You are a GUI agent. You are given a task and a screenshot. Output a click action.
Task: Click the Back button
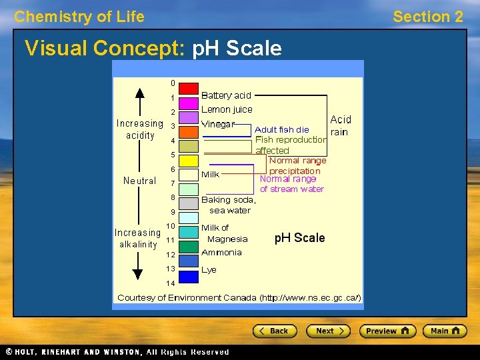274,331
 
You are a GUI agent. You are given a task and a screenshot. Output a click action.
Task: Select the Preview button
387,331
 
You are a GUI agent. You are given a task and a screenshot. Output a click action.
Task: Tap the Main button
445,331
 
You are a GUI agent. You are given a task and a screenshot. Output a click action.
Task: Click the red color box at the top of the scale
189,88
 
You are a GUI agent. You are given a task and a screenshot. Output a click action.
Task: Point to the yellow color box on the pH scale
189,161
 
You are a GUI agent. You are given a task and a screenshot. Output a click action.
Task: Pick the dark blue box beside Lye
189,276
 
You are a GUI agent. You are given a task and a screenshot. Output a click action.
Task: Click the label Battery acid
226,95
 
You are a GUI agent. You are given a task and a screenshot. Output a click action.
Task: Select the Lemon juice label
227,109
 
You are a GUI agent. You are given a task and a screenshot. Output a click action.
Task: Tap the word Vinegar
218,124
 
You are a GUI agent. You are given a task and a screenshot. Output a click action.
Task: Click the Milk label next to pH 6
211,174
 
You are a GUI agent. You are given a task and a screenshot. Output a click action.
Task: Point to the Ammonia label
221,252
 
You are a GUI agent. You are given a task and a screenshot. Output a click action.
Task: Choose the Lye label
209,270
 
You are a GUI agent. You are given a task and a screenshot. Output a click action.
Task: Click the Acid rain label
341,125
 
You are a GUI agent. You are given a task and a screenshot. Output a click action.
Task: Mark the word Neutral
139,181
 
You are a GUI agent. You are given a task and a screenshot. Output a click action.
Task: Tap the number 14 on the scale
171,283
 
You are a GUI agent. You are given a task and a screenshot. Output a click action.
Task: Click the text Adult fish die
282,129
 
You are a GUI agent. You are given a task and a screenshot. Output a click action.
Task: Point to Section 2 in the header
427,17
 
